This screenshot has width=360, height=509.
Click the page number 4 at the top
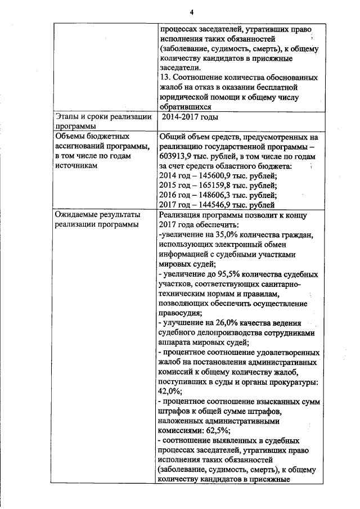coord(191,12)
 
